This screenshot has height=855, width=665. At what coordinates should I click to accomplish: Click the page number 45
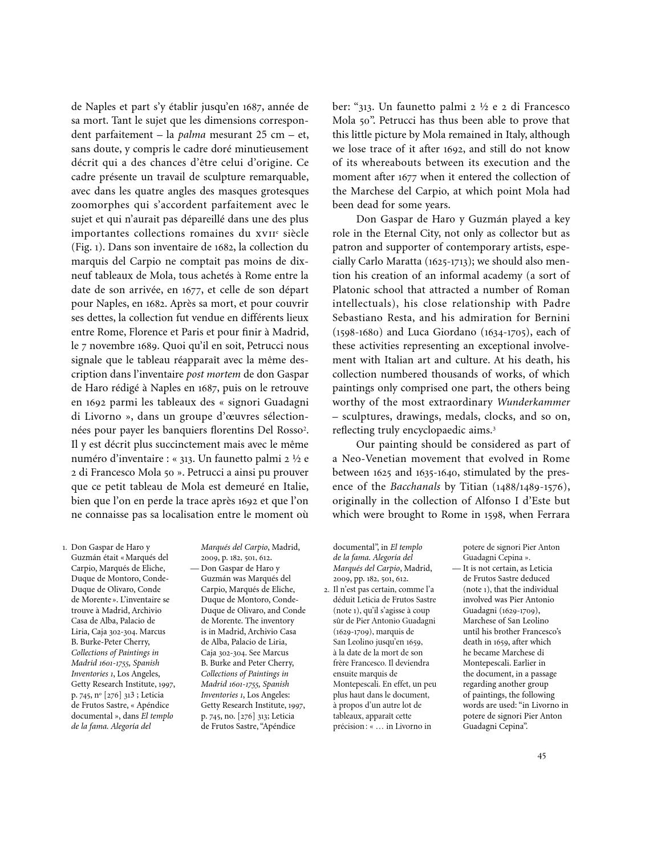(541, 756)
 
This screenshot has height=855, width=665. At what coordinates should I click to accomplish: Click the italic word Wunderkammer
(533, 402)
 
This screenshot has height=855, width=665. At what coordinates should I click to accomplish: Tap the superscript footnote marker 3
(494, 428)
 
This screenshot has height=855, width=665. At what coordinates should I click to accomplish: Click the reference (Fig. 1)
(87, 248)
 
